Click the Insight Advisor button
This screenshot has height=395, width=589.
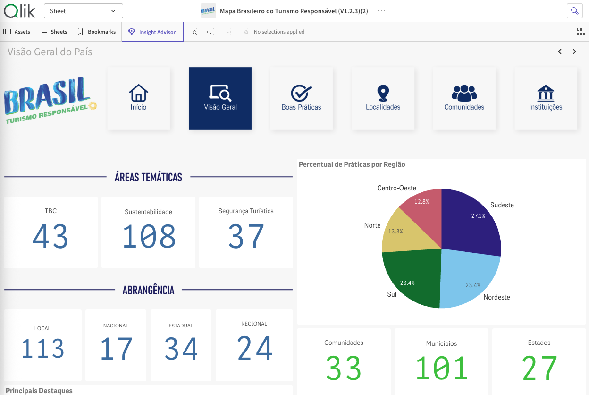coord(152,32)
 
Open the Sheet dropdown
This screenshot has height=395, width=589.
coord(84,11)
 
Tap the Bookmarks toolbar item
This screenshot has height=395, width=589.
coord(96,32)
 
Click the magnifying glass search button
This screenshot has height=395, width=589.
coord(574,11)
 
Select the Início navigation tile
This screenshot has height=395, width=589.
coord(139,98)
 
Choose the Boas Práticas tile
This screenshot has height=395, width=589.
coord(301,98)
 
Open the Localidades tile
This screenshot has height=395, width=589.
coord(383,98)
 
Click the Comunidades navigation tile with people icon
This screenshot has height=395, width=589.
coord(464,98)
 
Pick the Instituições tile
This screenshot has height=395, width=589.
coord(546,98)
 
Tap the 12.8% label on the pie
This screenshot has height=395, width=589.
coord(421,202)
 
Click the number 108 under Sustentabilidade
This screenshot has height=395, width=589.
coord(149,236)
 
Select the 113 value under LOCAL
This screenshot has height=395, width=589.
coord(42,348)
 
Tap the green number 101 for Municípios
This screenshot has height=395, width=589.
coord(442,368)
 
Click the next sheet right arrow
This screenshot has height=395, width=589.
coord(574,52)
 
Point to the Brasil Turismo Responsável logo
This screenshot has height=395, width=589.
coord(50,100)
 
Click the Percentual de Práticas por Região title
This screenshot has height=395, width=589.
coord(352,164)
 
